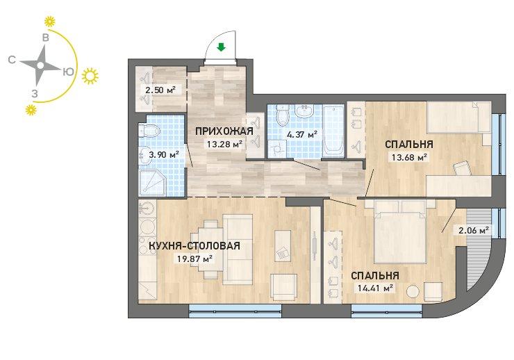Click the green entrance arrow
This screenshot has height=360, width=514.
click(x=222, y=48)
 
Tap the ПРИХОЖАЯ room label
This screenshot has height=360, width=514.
click(x=224, y=131)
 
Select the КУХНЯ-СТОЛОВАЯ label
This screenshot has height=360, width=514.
click(x=194, y=245)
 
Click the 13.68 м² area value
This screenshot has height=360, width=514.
click(x=409, y=158)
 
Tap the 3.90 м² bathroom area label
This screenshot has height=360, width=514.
click(x=163, y=154)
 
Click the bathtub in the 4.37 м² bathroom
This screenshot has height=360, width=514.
click(x=333, y=131)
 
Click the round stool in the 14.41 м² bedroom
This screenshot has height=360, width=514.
click(x=413, y=292)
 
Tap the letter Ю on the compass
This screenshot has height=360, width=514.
click(x=68, y=72)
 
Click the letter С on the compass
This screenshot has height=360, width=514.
click(x=12, y=60)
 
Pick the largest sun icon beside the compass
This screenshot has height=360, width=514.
click(x=90, y=76)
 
